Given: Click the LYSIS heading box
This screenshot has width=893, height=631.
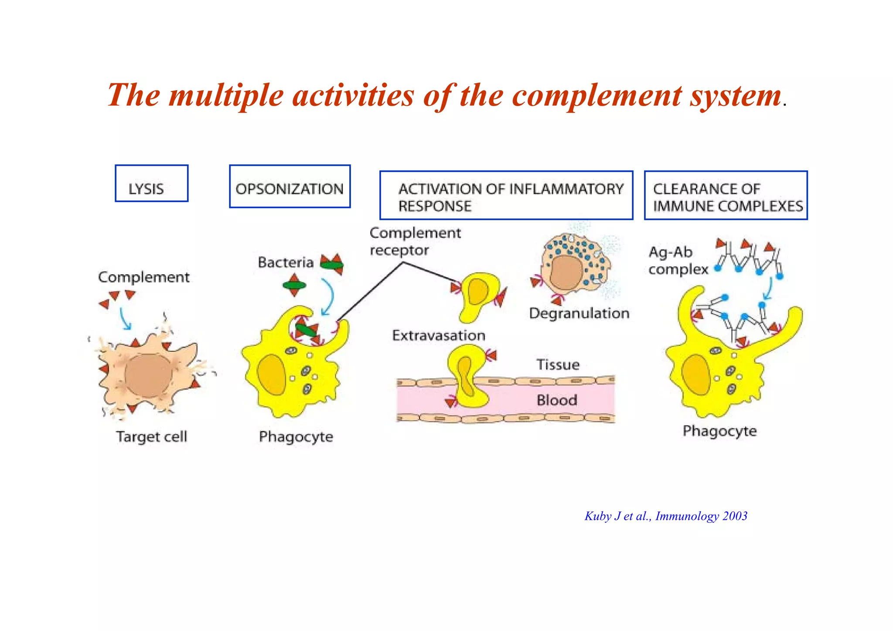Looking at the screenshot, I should tap(151, 184).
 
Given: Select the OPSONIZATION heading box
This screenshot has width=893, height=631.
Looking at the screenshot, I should tap(290, 187).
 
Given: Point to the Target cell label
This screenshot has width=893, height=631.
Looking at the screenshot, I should tap(151, 437).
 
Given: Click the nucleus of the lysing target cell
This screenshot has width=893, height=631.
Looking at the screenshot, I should tap(148, 375).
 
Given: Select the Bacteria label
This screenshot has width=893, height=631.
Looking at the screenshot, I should tap(286, 263).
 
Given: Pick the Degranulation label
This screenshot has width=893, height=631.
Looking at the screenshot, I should tap(579, 313).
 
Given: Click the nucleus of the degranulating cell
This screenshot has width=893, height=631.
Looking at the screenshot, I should tap(566, 273).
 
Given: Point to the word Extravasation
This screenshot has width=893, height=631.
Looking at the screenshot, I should tap(439, 335).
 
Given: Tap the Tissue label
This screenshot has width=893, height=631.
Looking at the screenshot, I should tap(558, 365).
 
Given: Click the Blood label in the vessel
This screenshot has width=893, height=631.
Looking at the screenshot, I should tap(557, 400).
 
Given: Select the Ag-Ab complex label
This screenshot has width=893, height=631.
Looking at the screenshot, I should tap(678, 261).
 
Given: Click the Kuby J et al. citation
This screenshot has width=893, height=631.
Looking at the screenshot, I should tap(666, 516).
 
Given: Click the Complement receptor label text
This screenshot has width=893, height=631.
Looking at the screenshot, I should tap(415, 242).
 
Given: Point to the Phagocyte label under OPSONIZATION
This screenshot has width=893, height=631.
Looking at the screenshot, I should tap(296, 437).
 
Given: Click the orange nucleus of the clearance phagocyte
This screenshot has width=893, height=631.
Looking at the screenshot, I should tap(696, 375).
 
